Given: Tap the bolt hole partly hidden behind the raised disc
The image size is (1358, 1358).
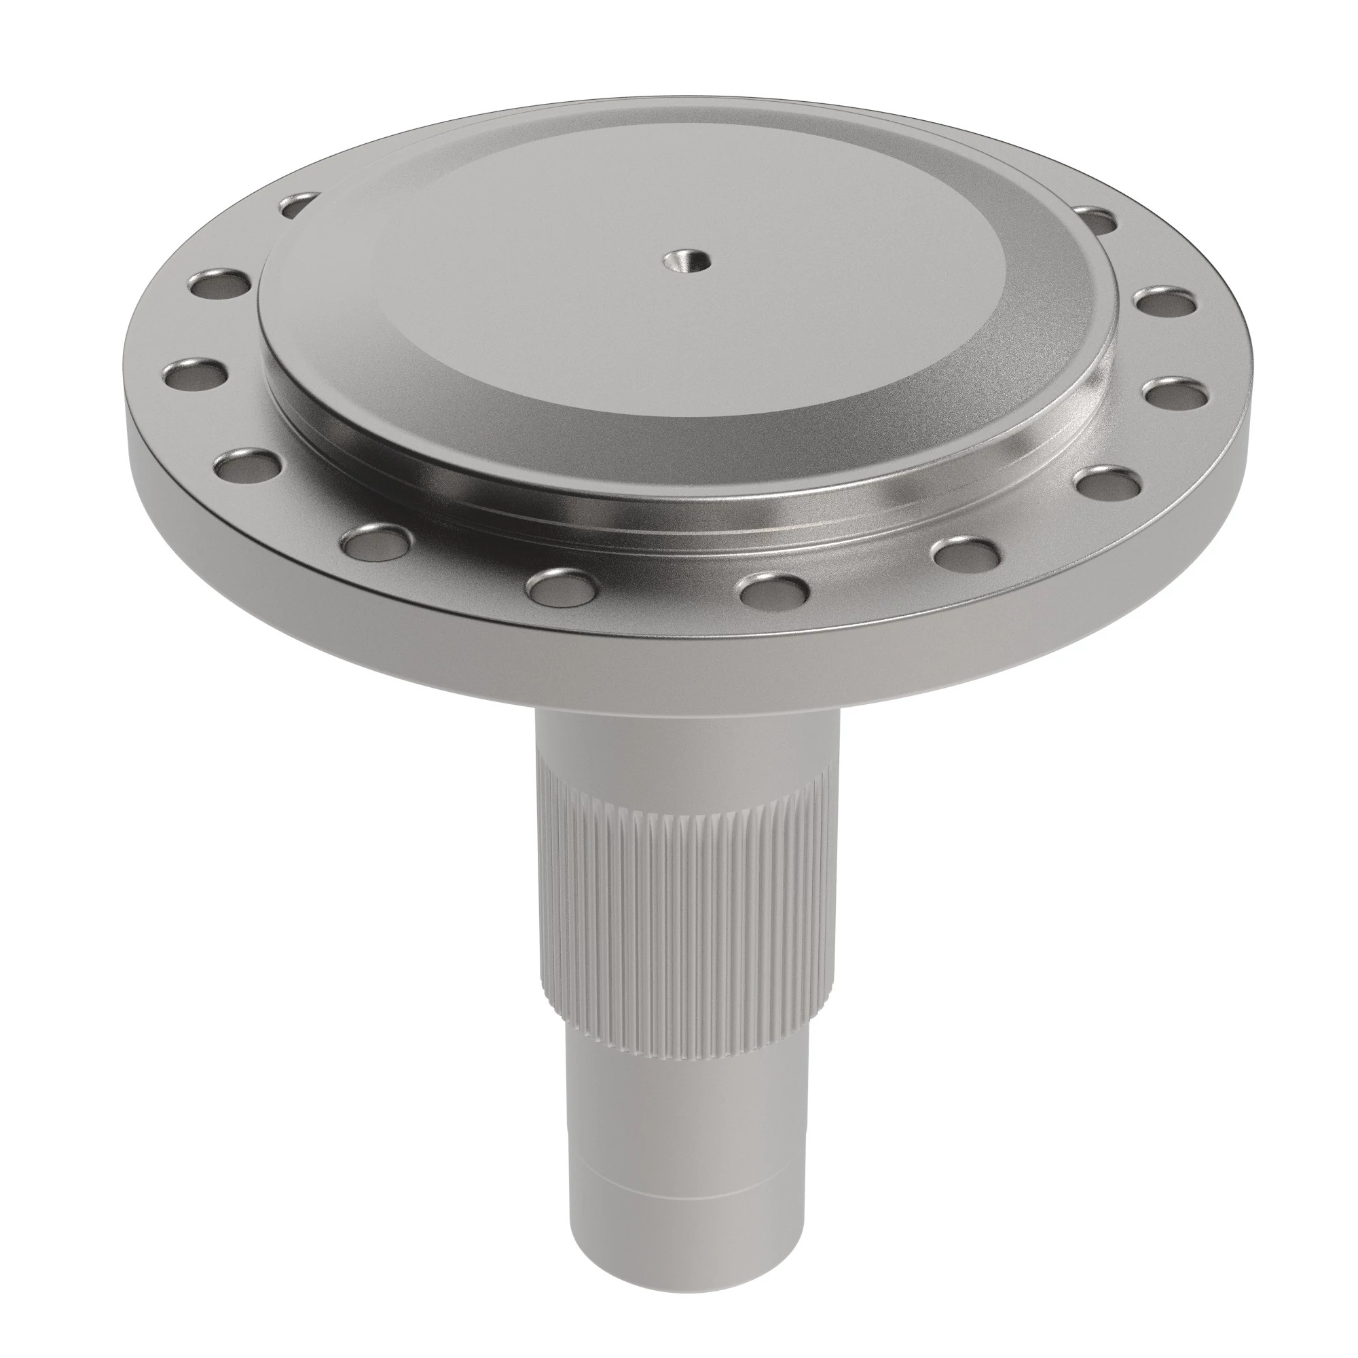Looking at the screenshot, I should coord(299,204).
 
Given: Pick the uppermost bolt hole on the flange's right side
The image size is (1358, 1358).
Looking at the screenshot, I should coord(1096,218).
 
